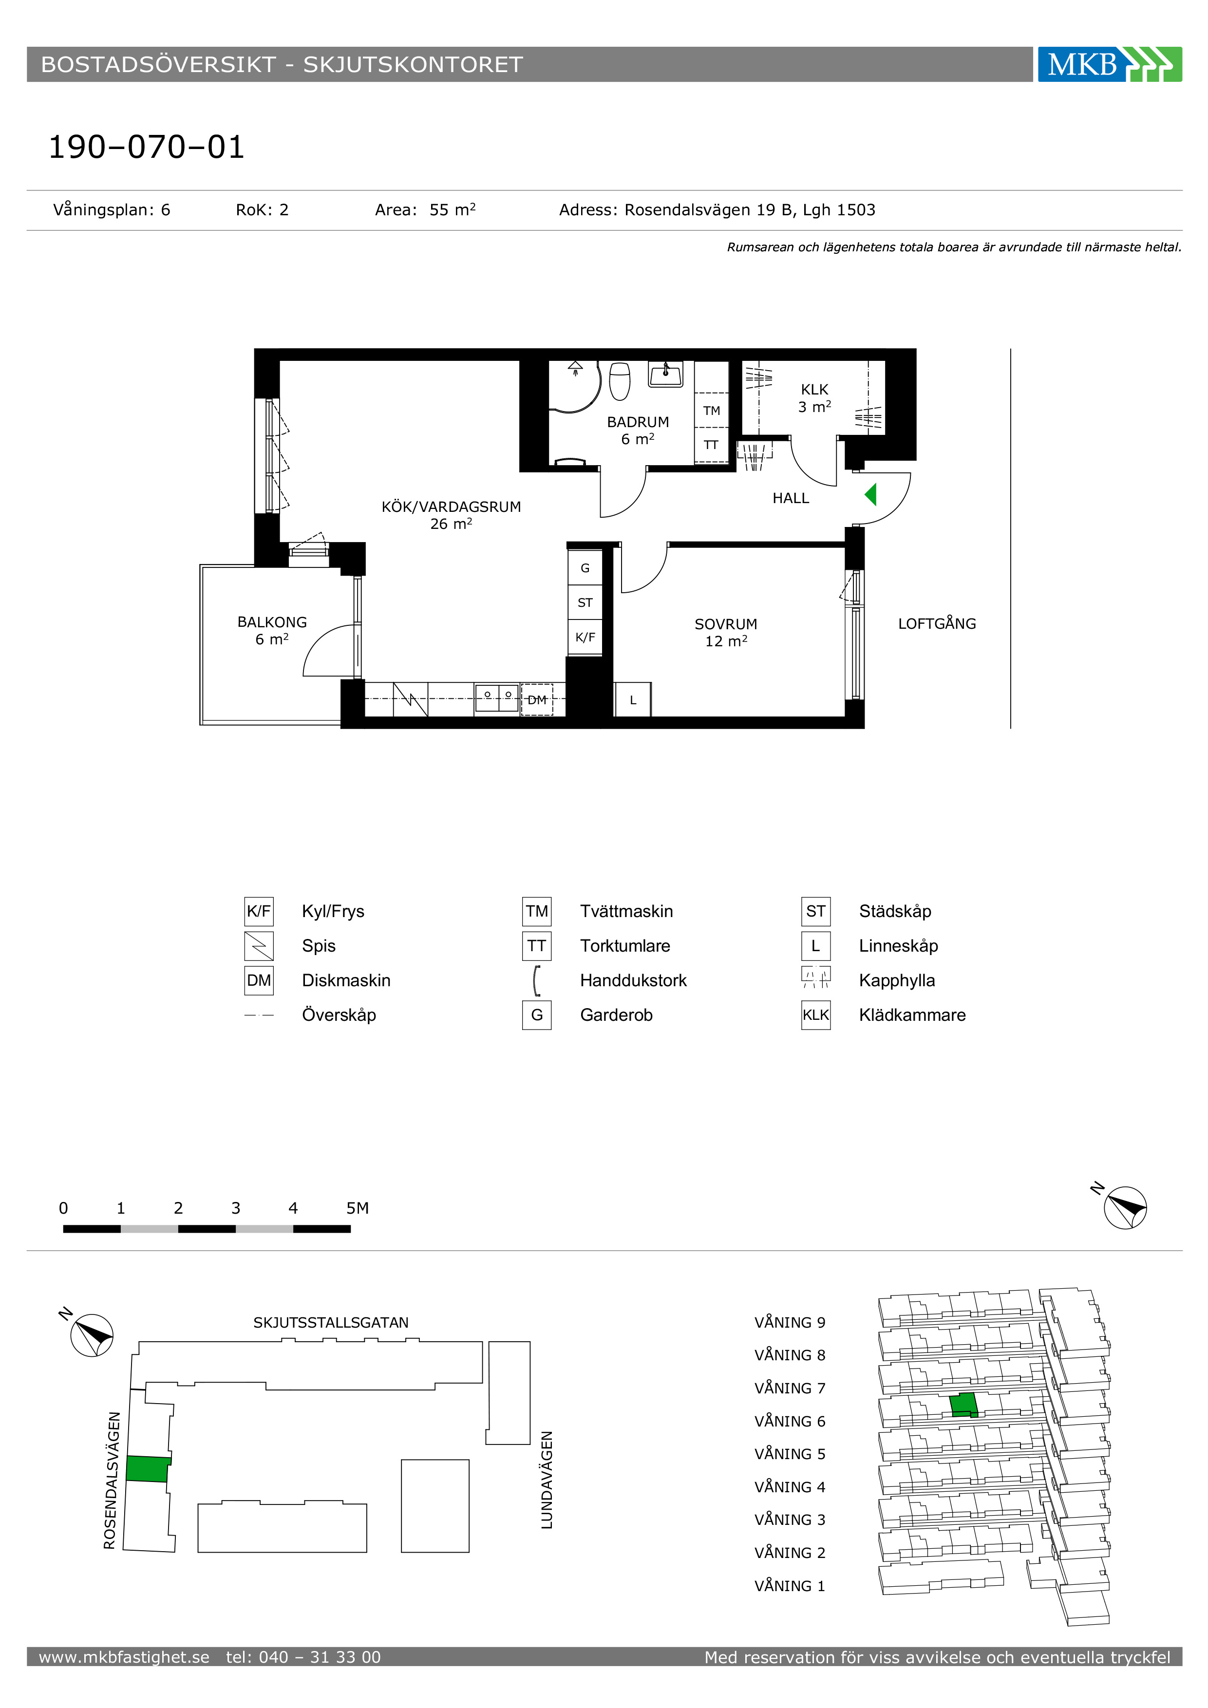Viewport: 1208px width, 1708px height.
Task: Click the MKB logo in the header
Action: click(1109, 64)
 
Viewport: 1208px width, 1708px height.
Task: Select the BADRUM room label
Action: click(638, 422)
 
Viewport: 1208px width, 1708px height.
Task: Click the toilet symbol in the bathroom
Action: click(620, 381)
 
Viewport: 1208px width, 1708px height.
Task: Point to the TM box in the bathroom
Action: click(711, 410)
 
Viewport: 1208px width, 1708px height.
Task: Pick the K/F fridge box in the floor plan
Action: click(585, 637)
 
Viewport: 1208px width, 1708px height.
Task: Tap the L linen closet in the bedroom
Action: click(633, 700)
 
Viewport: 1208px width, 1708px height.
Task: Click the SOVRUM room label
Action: click(726, 624)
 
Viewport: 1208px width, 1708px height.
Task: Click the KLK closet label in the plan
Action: click(814, 389)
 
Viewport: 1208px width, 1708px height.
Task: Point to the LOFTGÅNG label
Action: click(937, 623)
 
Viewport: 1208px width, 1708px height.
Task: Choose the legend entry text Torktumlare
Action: click(625, 945)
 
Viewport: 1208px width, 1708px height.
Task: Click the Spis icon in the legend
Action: click(259, 945)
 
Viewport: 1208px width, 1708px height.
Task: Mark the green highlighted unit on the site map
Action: click(147, 1469)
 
